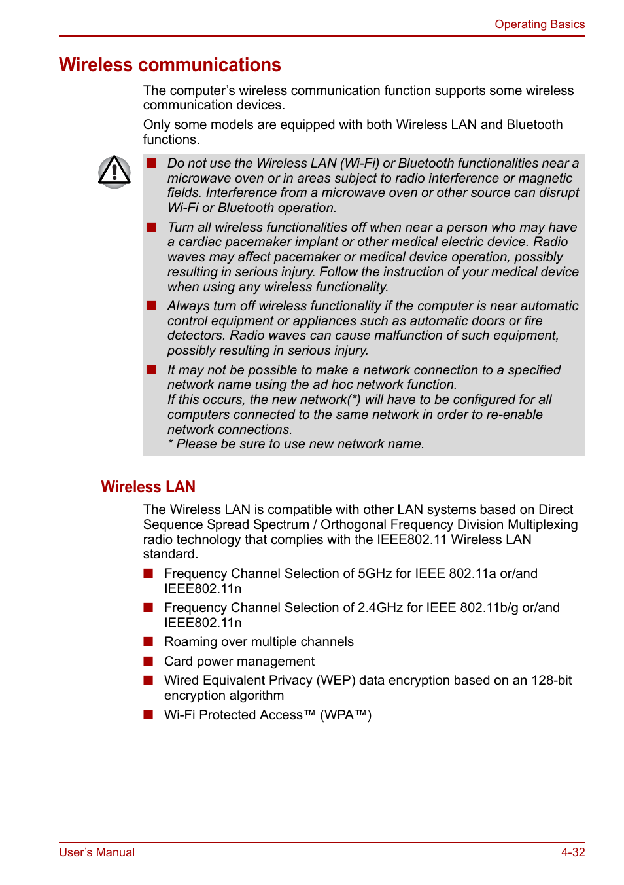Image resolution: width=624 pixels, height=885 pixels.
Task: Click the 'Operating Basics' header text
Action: [539, 24]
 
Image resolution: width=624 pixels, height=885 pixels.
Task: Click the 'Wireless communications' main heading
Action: [170, 65]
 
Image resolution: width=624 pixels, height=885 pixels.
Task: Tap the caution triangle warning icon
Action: [114, 172]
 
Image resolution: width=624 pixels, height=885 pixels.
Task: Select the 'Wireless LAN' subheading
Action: [148, 487]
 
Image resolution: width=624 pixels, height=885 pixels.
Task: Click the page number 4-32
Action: [572, 852]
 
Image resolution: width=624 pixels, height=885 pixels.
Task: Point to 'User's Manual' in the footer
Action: [97, 852]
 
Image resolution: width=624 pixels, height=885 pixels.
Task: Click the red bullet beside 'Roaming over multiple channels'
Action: [148, 641]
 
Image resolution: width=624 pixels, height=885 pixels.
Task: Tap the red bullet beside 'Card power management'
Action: [148, 661]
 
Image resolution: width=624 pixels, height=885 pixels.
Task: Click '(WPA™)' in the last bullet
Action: [345, 715]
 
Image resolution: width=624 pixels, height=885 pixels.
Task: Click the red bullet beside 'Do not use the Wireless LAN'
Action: [151, 163]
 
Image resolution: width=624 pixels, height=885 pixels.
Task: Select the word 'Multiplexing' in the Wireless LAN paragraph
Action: [542, 525]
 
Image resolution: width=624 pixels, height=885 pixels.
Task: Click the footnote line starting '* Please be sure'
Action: [296, 444]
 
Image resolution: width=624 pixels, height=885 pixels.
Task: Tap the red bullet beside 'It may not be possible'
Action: [151, 370]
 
